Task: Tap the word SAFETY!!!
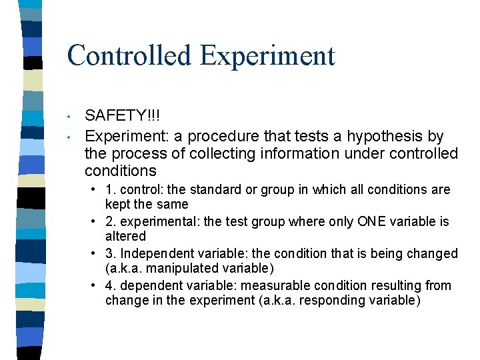coord(123,117)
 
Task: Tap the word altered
coord(125,236)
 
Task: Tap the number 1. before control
coord(109,189)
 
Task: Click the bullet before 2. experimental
coord(95,221)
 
